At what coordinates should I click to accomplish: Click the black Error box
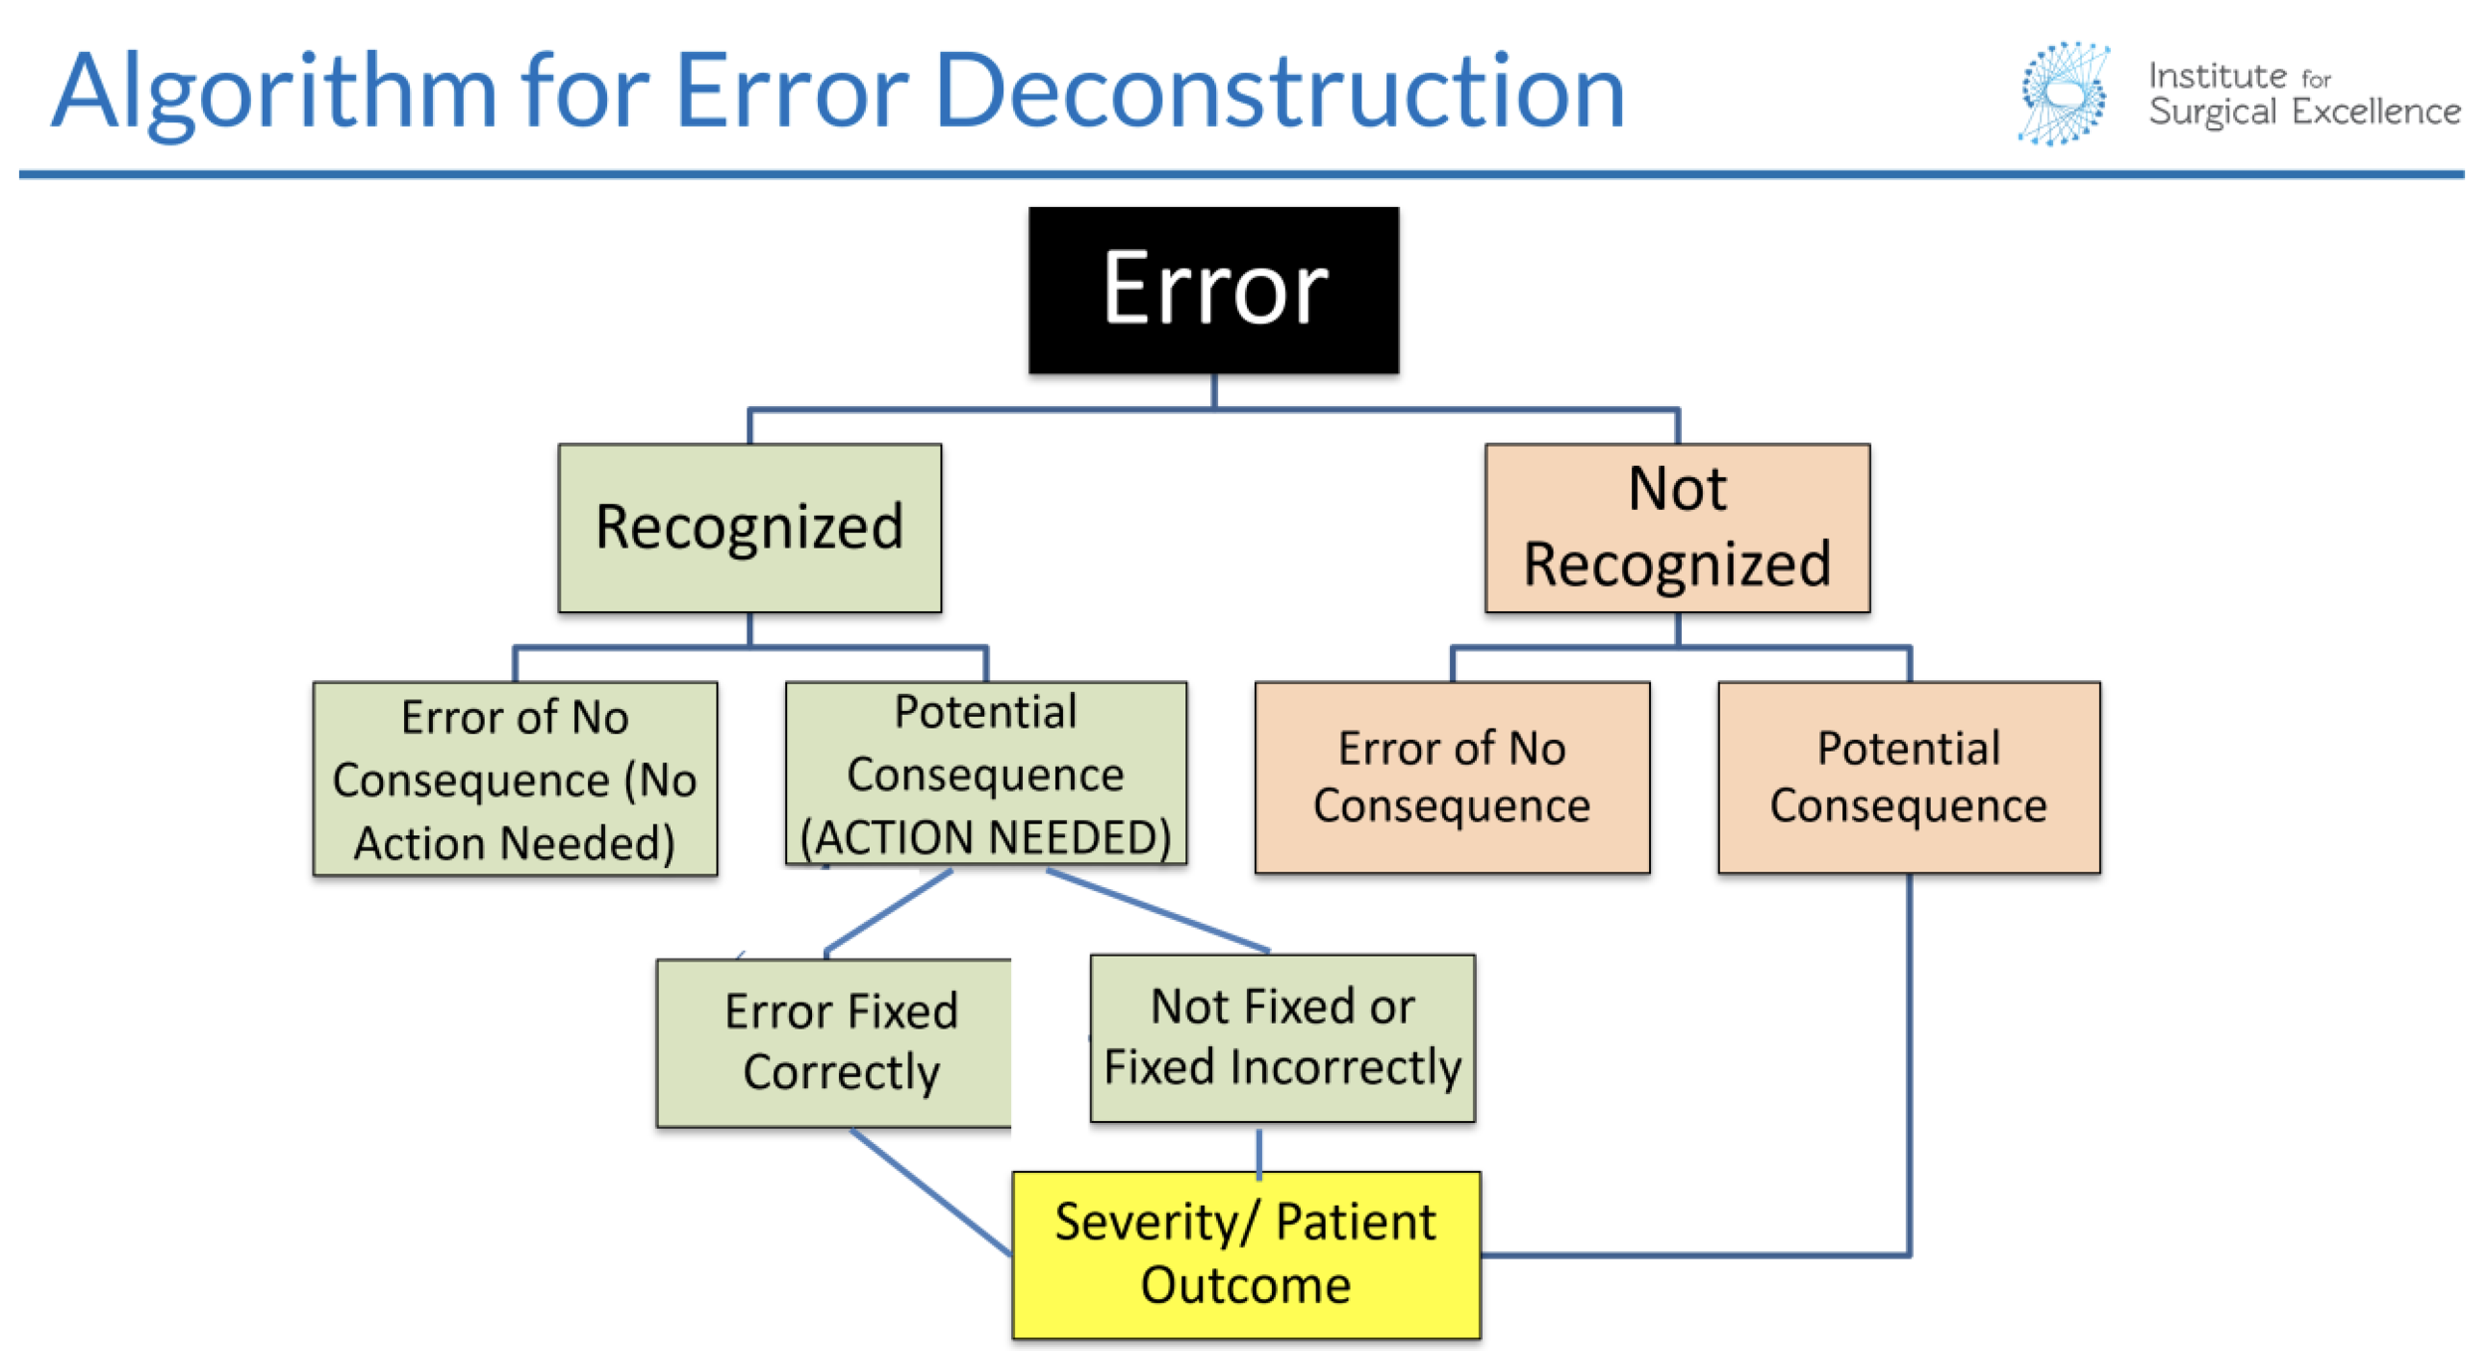pos(1213,290)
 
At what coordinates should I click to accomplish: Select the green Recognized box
pos(749,528)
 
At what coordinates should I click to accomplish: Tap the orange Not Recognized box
pos(1677,528)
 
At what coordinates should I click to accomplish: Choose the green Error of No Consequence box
pos(515,779)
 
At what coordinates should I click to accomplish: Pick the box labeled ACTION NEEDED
pos(985,774)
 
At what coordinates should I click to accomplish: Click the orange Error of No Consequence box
pos(1452,778)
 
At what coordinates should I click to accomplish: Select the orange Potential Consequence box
pos(1909,778)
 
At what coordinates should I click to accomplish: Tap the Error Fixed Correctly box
pos(834,1042)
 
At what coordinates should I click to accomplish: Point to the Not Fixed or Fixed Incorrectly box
pos(1282,1038)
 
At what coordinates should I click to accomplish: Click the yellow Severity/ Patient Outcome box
pos(1246,1254)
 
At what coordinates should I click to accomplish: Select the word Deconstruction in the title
pos(1280,92)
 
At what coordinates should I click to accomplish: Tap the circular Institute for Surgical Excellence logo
pos(2064,94)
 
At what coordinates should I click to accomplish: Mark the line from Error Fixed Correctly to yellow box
pos(932,1192)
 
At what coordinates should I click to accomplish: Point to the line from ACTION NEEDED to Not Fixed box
pos(1157,910)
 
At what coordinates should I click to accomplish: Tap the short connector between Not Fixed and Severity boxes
pos(1259,1154)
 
